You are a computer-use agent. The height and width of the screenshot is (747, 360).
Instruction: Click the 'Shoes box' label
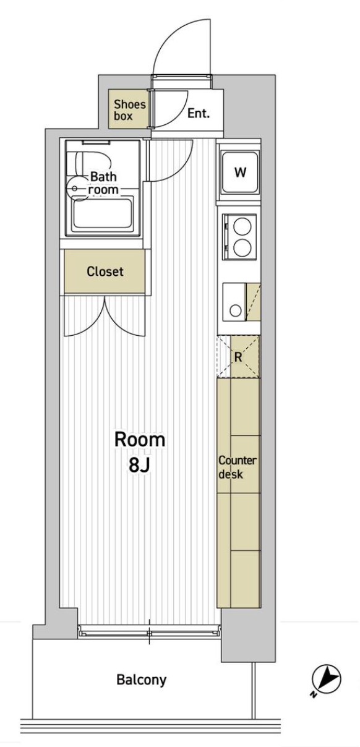click(130, 110)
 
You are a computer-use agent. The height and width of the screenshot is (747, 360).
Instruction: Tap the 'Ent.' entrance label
click(199, 114)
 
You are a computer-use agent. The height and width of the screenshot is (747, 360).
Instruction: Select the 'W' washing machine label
click(240, 173)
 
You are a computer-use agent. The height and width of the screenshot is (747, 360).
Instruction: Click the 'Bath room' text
click(103, 183)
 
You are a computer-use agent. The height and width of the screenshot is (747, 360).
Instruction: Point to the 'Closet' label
click(105, 271)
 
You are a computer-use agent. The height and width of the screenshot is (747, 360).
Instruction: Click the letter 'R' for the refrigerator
click(238, 357)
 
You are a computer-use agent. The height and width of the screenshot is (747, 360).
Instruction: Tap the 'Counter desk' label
click(238, 467)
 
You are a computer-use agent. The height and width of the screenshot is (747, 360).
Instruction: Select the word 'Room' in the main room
click(140, 440)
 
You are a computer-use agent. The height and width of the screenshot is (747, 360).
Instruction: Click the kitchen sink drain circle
click(236, 310)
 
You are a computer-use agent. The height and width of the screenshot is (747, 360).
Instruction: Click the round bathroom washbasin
click(75, 189)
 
